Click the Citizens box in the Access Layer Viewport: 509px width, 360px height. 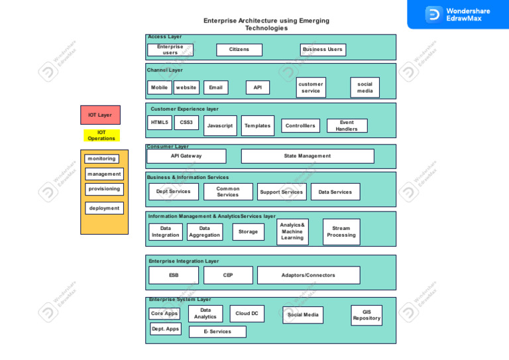pyautogui.click(x=239, y=50)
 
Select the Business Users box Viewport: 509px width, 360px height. pyautogui.click(x=323, y=50)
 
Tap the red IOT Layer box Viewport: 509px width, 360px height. pyautogui.click(x=100, y=115)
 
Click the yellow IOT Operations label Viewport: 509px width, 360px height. pyautogui.click(x=101, y=135)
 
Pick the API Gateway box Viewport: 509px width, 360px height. pyautogui.click(x=186, y=156)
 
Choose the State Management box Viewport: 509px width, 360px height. pyautogui.click(x=308, y=156)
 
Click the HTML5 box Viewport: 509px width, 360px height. pyautogui.click(x=159, y=123)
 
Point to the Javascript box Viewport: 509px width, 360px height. pyautogui.click(x=220, y=125)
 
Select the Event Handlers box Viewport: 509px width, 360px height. pyautogui.click(x=347, y=125)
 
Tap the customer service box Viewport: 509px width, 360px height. pyautogui.click(x=311, y=88)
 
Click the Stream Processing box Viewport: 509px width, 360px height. pyautogui.click(x=341, y=231)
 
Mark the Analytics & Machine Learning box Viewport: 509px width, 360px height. pyautogui.click(x=292, y=231)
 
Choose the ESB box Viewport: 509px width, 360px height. pyautogui.click(x=174, y=275)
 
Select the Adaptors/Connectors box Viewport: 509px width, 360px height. pyautogui.click(x=308, y=275)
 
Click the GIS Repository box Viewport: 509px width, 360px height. pyautogui.click(x=367, y=315)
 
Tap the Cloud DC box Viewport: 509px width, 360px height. pyautogui.click(x=247, y=314)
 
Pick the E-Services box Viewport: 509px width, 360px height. pyautogui.click(x=217, y=331)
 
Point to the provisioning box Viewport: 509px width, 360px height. pyautogui.click(x=104, y=189)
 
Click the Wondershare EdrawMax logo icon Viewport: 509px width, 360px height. pyautogui.click(x=433, y=14)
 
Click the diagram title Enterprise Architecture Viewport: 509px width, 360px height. pyautogui.click(x=266, y=25)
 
